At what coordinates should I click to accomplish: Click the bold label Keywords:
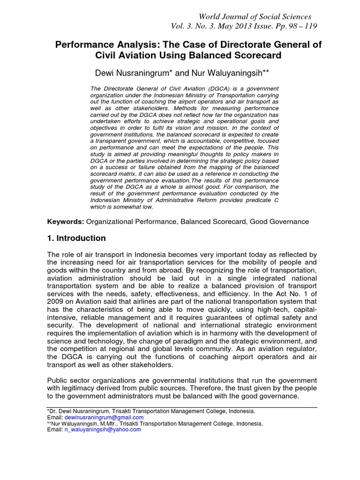pyautogui.click(x=65, y=221)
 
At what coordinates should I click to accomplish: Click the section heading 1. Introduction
pyautogui.click(x=76, y=238)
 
